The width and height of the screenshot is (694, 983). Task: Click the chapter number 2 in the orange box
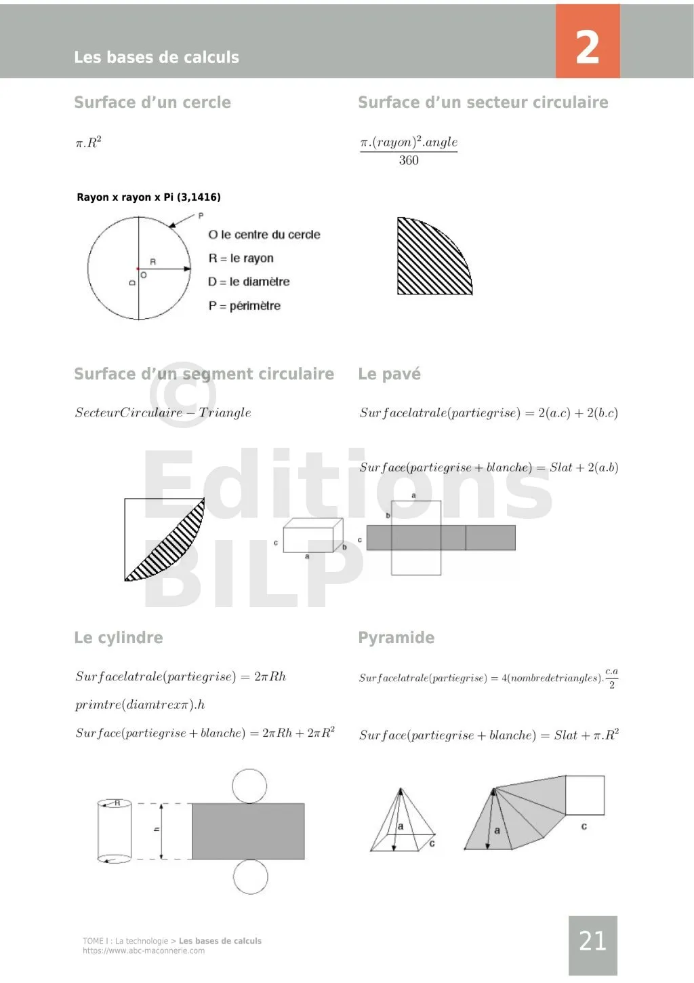[587, 47]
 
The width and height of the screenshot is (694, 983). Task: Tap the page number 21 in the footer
[592, 941]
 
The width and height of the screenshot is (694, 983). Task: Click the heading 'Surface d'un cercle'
[152, 102]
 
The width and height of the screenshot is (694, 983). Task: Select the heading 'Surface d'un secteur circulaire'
[483, 102]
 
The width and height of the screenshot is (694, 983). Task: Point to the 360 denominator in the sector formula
[409, 161]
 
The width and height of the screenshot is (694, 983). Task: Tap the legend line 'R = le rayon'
[241, 258]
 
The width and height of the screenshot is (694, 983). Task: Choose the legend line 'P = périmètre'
[244, 306]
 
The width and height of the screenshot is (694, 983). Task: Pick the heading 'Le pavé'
[389, 374]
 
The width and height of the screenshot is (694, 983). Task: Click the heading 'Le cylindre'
[119, 638]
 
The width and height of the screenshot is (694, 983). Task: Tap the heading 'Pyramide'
[396, 638]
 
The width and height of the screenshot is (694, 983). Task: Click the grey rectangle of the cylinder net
[247, 831]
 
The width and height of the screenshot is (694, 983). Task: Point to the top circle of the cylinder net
[249, 786]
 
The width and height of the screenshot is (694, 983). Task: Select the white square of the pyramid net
[584, 795]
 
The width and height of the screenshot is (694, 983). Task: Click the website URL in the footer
[144, 951]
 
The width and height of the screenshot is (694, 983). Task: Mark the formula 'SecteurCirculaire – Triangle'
[163, 412]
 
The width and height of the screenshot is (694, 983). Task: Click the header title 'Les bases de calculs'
[157, 58]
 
